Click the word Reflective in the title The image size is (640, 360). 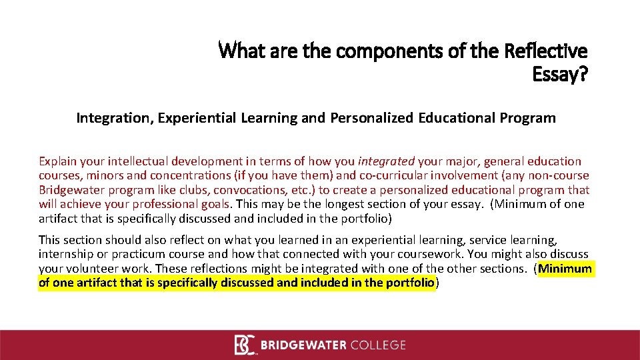[x=546, y=51]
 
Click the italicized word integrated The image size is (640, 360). [x=386, y=161]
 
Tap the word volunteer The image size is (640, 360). [x=91, y=268]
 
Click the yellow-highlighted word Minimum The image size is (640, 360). [x=565, y=269]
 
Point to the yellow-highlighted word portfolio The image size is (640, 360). [x=408, y=283]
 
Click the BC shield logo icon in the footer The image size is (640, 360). [x=245, y=345]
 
